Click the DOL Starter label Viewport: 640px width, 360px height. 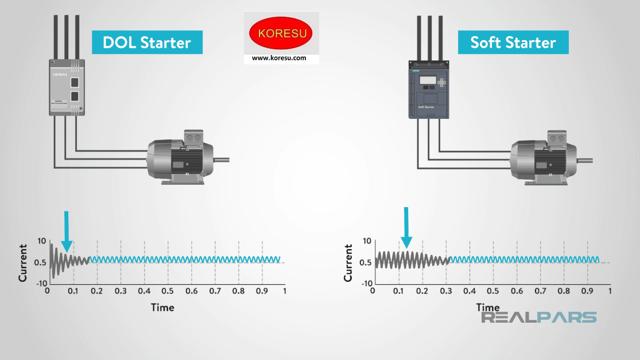[147, 42]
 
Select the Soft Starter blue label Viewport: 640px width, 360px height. [513, 42]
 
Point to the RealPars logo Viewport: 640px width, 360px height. [538, 318]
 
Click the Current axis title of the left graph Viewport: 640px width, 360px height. [23, 262]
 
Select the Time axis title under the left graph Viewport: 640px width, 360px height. [162, 307]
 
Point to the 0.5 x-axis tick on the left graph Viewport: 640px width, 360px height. [168, 292]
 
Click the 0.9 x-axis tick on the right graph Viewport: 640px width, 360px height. [588, 292]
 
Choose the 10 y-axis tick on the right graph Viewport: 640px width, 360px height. [367, 241]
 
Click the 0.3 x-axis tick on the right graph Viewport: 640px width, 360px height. [445, 292]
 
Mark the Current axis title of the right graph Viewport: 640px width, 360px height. [348, 262]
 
